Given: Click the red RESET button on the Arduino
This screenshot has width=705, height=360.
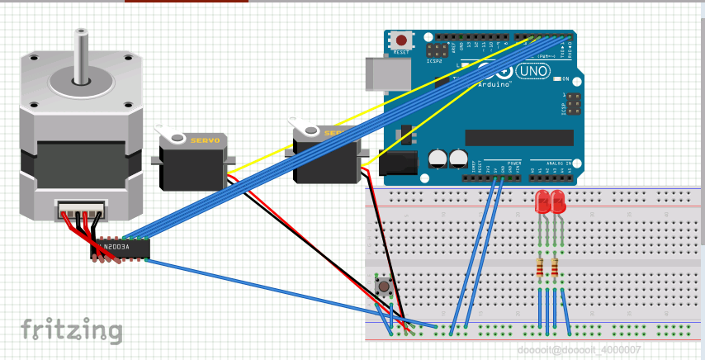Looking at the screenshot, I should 402,40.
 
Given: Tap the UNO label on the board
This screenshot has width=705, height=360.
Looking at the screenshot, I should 533,72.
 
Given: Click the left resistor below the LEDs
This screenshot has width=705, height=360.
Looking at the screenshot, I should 541,268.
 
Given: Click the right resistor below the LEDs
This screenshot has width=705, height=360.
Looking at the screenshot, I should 554,268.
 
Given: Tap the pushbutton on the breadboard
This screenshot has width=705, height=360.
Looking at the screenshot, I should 384,287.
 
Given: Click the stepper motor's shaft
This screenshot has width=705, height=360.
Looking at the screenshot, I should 80,54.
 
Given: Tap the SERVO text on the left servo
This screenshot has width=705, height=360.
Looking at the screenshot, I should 205,141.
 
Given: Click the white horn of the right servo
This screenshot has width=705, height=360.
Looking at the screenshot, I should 307,129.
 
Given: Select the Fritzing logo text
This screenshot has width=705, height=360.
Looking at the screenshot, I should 72,329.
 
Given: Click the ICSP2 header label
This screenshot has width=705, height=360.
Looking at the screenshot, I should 435,60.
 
